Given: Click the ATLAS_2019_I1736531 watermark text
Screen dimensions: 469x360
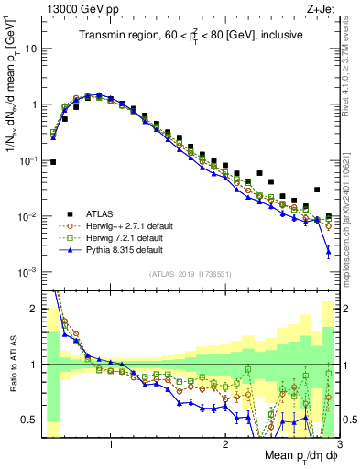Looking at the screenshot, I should [x=190, y=274].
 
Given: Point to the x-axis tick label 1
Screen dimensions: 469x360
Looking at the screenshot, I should [x=111, y=445].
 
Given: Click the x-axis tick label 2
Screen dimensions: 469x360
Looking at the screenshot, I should [x=225, y=445].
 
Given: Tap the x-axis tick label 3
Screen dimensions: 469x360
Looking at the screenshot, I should [x=338, y=445].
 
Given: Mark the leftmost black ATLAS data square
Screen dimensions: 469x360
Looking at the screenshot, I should [x=53, y=162].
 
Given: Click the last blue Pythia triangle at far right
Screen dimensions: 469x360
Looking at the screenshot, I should [x=328, y=251].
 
